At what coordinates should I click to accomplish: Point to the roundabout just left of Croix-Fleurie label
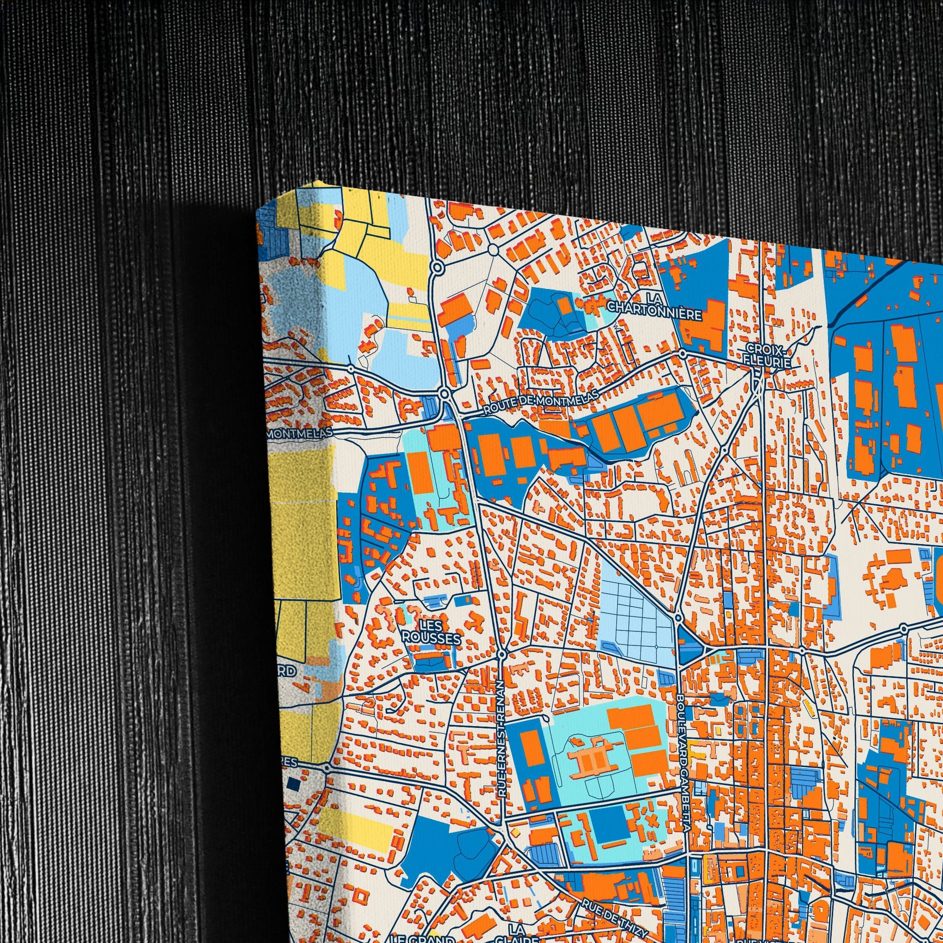click(x=682, y=352)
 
